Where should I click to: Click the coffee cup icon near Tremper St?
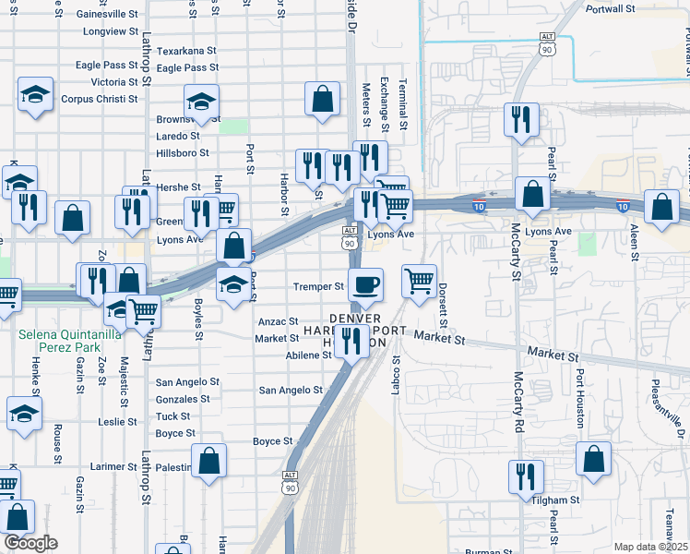pyautogui.click(x=366, y=285)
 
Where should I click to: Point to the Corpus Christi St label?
pyautogui.click(x=99, y=99)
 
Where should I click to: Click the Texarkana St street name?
pyautogui.click(x=186, y=52)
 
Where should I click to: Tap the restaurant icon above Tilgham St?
pyautogui.click(x=526, y=476)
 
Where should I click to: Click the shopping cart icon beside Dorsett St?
pyautogui.click(x=419, y=281)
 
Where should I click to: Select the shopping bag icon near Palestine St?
pyautogui.click(x=209, y=461)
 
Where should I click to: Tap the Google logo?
pyautogui.click(x=30, y=543)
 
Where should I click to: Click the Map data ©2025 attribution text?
pyautogui.click(x=649, y=547)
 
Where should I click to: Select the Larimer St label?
pyautogui.click(x=113, y=467)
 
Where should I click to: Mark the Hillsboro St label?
pyautogui.click(x=184, y=153)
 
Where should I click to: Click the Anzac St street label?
pyautogui.click(x=278, y=321)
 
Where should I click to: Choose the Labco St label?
pyautogui.click(x=397, y=378)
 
